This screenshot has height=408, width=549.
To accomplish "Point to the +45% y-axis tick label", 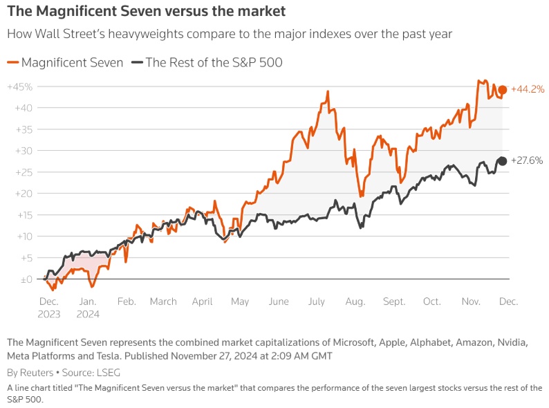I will click(21, 86).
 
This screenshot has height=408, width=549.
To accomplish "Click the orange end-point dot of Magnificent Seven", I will click(503, 90).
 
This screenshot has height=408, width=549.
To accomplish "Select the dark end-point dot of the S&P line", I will click(503, 161).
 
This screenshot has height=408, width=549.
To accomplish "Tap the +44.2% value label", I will click(528, 89).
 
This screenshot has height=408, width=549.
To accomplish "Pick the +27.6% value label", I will click(527, 160).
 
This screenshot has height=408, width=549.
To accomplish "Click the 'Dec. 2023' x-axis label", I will click(49, 308).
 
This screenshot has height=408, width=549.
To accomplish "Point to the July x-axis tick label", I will click(317, 302).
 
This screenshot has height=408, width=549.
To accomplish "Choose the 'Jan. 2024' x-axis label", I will click(88, 308).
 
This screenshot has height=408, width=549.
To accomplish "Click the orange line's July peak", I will click(324, 91).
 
